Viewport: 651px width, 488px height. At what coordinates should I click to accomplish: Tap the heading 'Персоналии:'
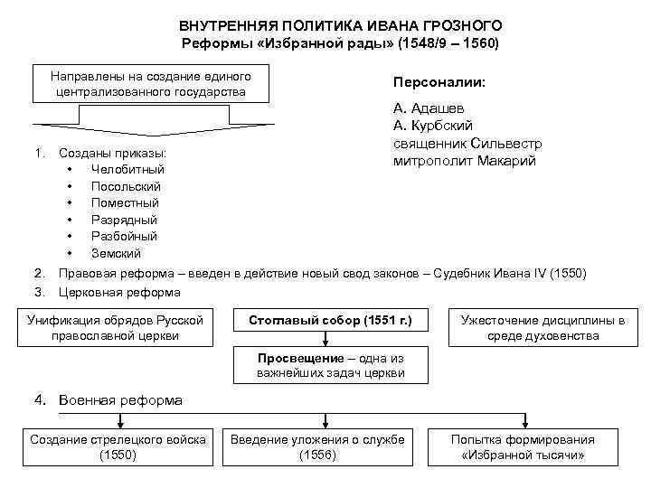[x=439, y=82]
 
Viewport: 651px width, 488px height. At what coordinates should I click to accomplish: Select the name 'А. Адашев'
[x=429, y=108]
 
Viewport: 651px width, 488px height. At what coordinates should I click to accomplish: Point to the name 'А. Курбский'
[x=433, y=126]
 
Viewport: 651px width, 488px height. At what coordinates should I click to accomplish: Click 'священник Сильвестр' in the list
[x=467, y=143]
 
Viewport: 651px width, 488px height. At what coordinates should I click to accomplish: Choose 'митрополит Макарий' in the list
[x=465, y=161]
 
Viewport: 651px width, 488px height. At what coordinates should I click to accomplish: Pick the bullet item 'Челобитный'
[x=127, y=169]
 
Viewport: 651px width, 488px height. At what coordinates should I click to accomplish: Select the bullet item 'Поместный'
[x=125, y=203]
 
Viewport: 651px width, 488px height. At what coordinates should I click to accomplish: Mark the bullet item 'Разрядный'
[x=124, y=220]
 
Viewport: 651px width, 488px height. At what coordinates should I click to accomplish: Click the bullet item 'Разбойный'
[x=125, y=237]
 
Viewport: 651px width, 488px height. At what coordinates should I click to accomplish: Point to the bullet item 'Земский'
[x=116, y=254]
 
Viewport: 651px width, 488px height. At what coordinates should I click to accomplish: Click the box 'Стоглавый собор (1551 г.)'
[x=330, y=320]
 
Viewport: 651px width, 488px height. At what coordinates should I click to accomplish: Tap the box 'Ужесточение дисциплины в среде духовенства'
[x=542, y=328]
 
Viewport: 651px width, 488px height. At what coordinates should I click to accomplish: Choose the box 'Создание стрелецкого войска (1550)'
[x=118, y=446]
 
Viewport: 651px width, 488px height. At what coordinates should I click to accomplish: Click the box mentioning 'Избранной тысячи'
[x=524, y=446]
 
